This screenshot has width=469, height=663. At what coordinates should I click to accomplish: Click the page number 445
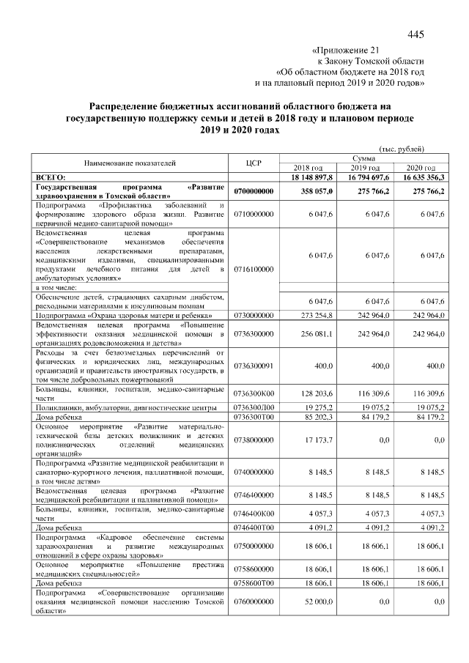[x=416, y=34]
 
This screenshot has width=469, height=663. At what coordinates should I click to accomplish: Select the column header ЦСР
[x=253, y=163]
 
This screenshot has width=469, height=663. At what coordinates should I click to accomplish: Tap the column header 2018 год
[x=309, y=168]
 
